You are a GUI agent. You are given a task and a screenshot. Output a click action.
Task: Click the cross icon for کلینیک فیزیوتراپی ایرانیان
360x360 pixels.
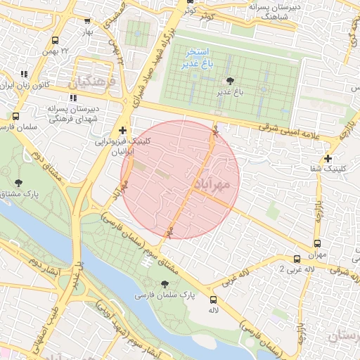123,130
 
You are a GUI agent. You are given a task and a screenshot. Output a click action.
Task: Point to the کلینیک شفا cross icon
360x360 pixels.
327,158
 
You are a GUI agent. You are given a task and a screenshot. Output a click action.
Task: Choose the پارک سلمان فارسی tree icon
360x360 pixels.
165,284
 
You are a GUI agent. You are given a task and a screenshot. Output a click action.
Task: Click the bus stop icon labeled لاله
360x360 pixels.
213,300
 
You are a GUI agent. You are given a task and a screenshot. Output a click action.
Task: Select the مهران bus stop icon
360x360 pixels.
297,259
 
